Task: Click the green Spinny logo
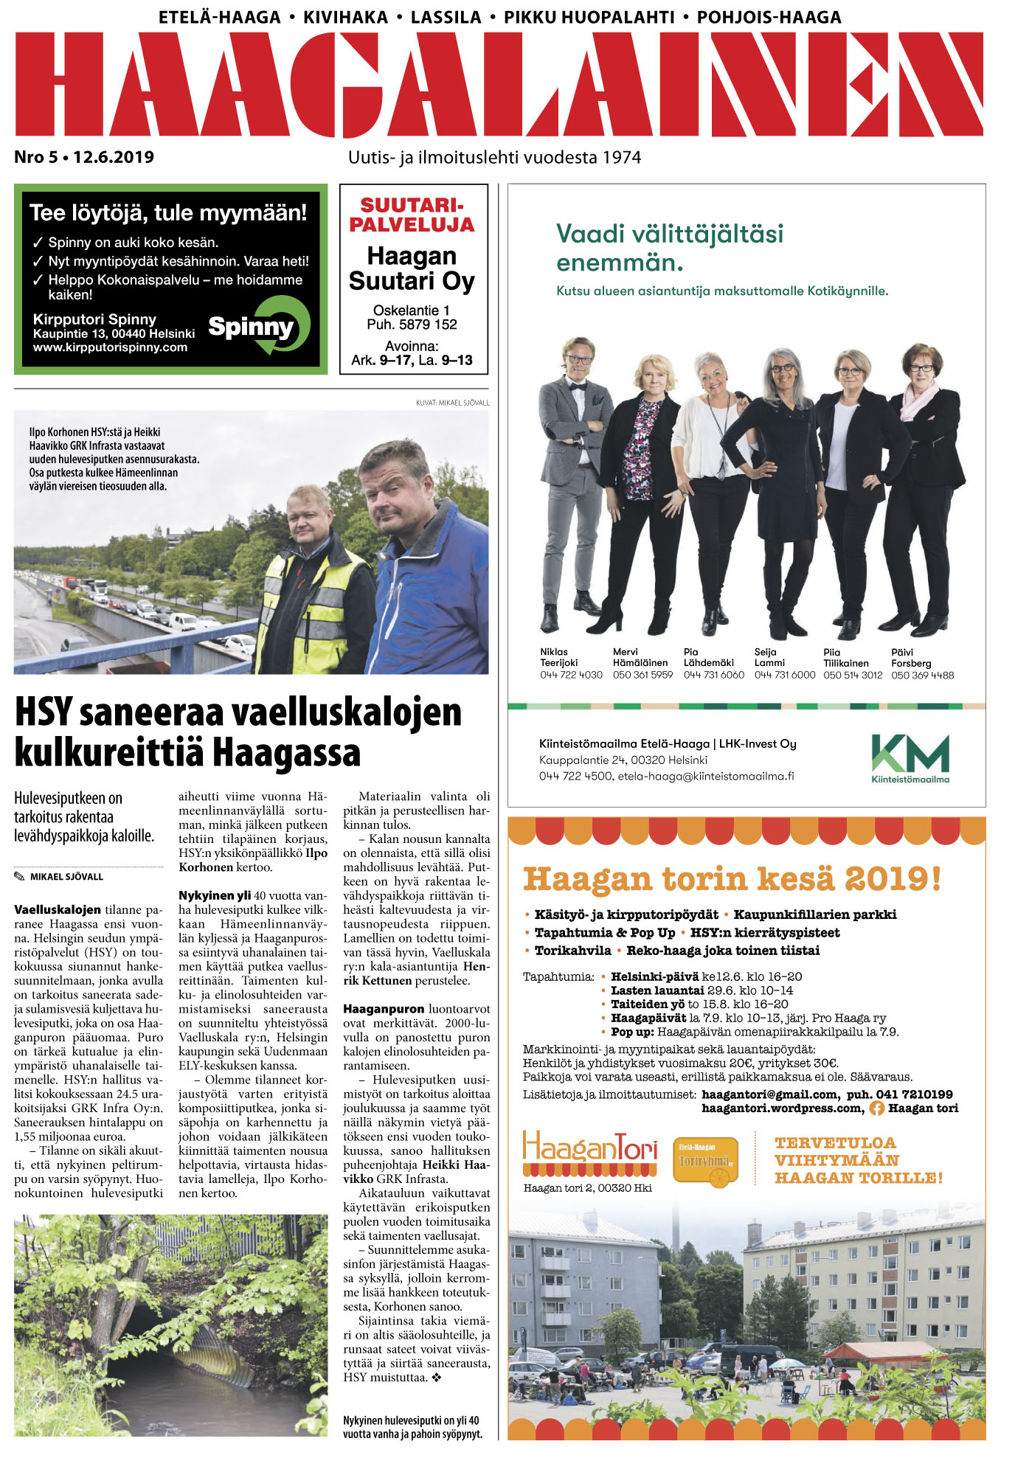pyautogui.click(x=260, y=325)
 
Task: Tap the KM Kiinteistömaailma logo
pyautogui.click(x=910, y=757)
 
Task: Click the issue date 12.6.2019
pyautogui.click(x=114, y=157)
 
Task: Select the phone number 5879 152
pyautogui.click(x=428, y=324)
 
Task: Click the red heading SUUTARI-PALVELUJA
pyautogui.click(x=412, y=215)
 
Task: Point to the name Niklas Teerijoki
pyautogui.click(x=559, y=657)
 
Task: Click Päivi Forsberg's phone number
pyautogui.click(x=922, y=675)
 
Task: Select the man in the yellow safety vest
pyautogui.click(x=313, y=590)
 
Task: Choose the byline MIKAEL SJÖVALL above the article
pyautogui.click(x=66, y=877)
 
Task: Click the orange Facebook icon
pyautogui.click(x=876, y=1108)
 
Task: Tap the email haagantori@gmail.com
pyautogui.click(x=769, y=1094)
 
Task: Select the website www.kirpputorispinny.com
pyautogui.click(x=110, y=347)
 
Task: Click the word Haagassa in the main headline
pyautogui.click(x=287, y=754)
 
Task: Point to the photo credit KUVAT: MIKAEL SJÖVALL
pyautogui.click(x=452, y=403)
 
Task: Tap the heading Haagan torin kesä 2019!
pyautogui.click(x=732, y=878)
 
